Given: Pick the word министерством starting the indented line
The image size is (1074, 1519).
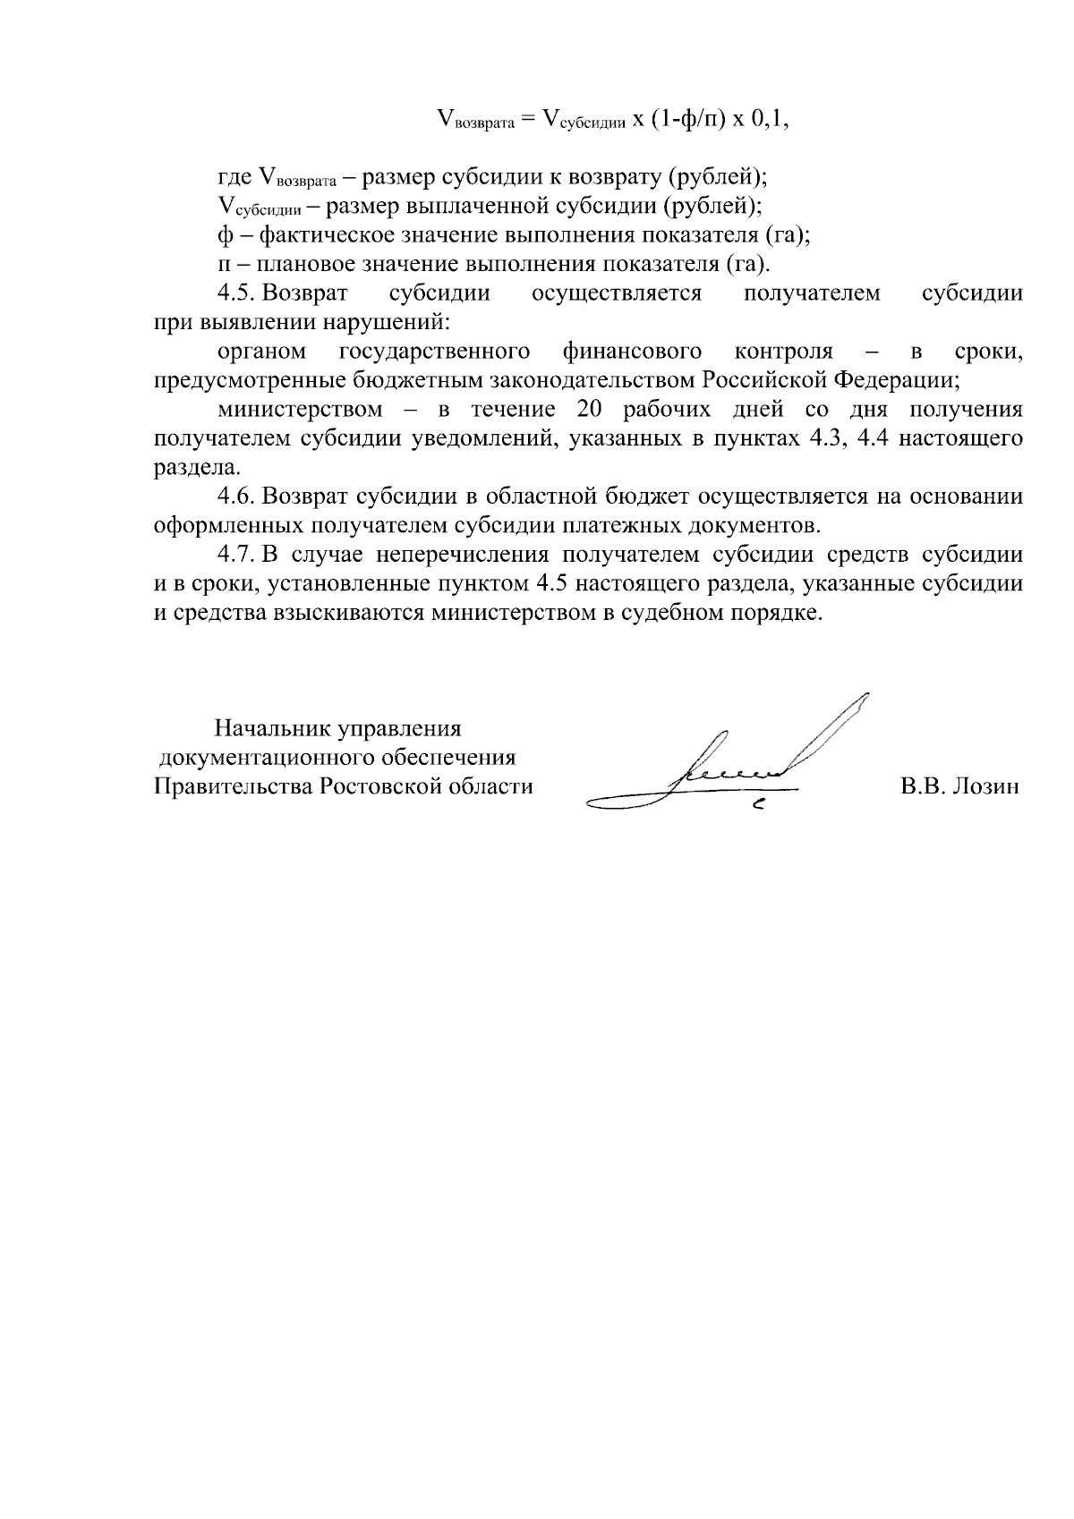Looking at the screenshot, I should (300, 410).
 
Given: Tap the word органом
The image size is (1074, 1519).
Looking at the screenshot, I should (262, 351).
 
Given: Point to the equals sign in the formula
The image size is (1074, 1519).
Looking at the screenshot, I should (527, 120).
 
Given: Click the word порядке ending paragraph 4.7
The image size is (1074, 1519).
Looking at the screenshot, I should (774, 614).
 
